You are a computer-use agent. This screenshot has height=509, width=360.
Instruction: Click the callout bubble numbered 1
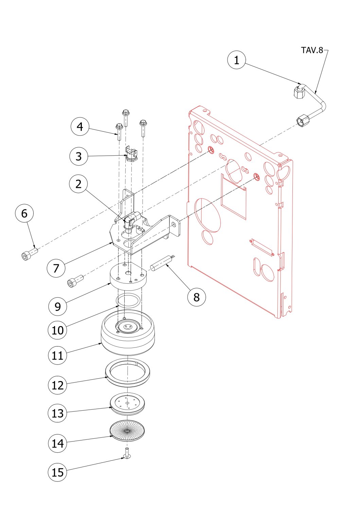(236, 60)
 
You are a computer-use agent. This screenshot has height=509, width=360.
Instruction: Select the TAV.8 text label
(312, 50)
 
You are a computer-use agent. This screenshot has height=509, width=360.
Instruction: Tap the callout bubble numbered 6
(24, 213)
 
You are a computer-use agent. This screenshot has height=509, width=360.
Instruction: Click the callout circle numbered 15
(57, 472)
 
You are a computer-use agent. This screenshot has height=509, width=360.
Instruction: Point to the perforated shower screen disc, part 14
(127, 431)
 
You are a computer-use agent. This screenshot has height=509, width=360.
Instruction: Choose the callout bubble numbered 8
(197, 297)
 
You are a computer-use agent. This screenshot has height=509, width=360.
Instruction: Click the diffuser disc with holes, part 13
(127, 403)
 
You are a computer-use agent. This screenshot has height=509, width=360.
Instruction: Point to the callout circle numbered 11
(57, 355)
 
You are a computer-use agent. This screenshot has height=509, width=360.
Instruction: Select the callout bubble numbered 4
(80, 127)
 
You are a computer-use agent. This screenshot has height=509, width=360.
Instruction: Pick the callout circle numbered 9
(57, 306)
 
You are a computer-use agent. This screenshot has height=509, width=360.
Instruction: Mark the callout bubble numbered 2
(78, 184)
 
